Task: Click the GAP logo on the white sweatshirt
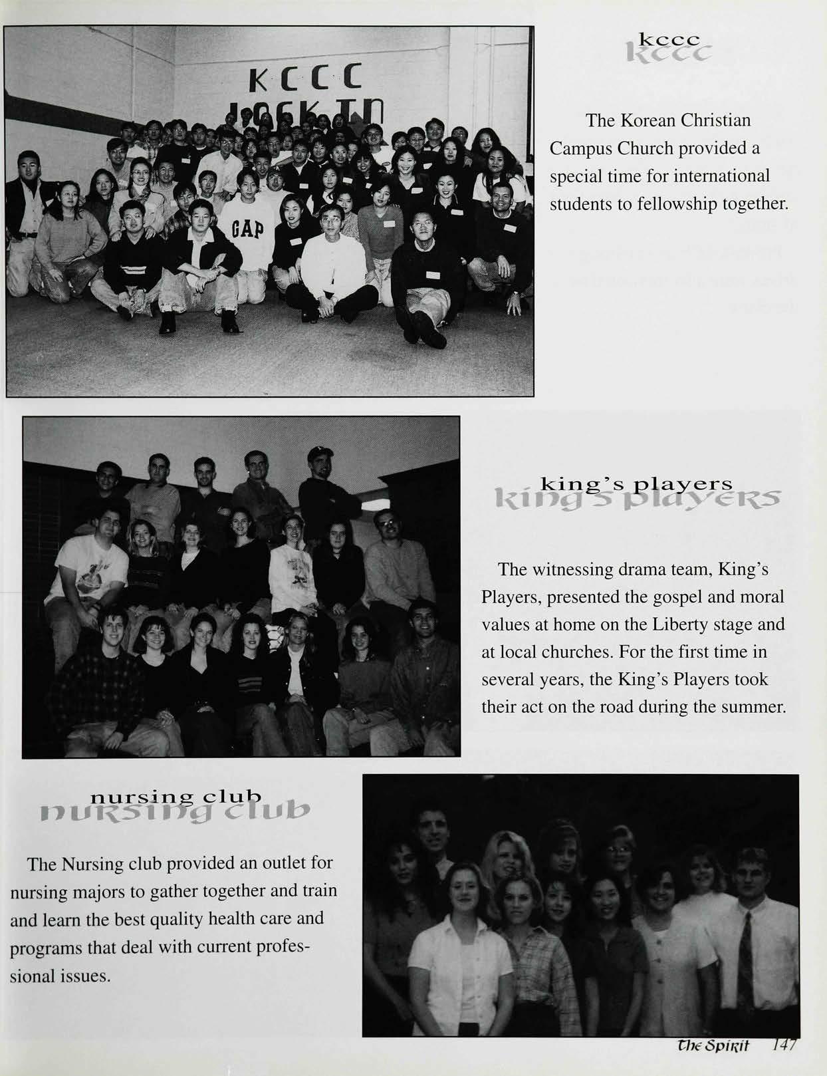(248, 230)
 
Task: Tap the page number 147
(787, 1045)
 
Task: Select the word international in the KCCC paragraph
(726, 176)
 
